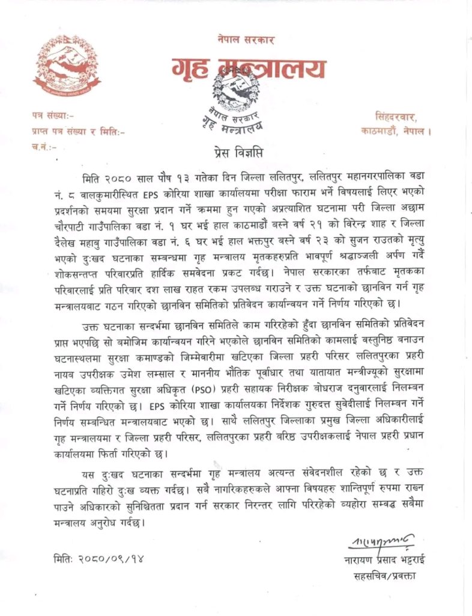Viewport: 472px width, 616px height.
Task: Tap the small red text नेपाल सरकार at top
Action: [246, 40]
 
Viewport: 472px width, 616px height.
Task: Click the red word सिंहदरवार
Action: [399, 114]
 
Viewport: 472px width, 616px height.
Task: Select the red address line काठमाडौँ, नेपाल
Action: [397, 129]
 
